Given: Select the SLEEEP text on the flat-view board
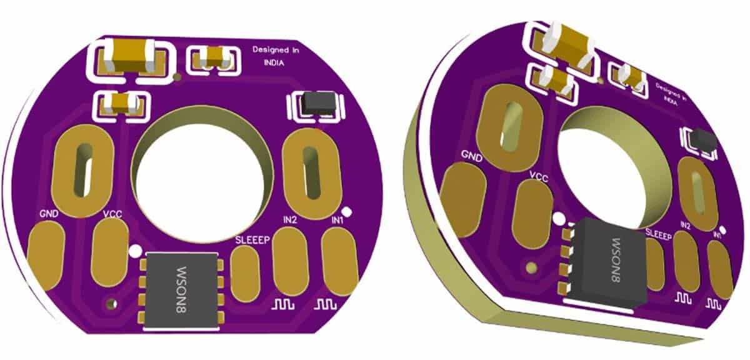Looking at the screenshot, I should click(x=252, y=240).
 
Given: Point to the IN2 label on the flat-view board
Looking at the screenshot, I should click(x=289, y=220).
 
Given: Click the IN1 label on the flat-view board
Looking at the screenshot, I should click(x=337, y=220).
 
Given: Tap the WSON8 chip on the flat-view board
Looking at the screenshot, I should click(x=181, y=291).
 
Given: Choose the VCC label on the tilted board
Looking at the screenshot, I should click(x=539, y=177).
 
